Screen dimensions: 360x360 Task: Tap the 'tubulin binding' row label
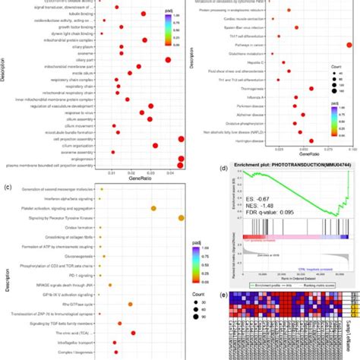coord(80,13)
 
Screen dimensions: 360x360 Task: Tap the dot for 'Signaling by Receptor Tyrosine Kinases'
coord(181,219)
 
